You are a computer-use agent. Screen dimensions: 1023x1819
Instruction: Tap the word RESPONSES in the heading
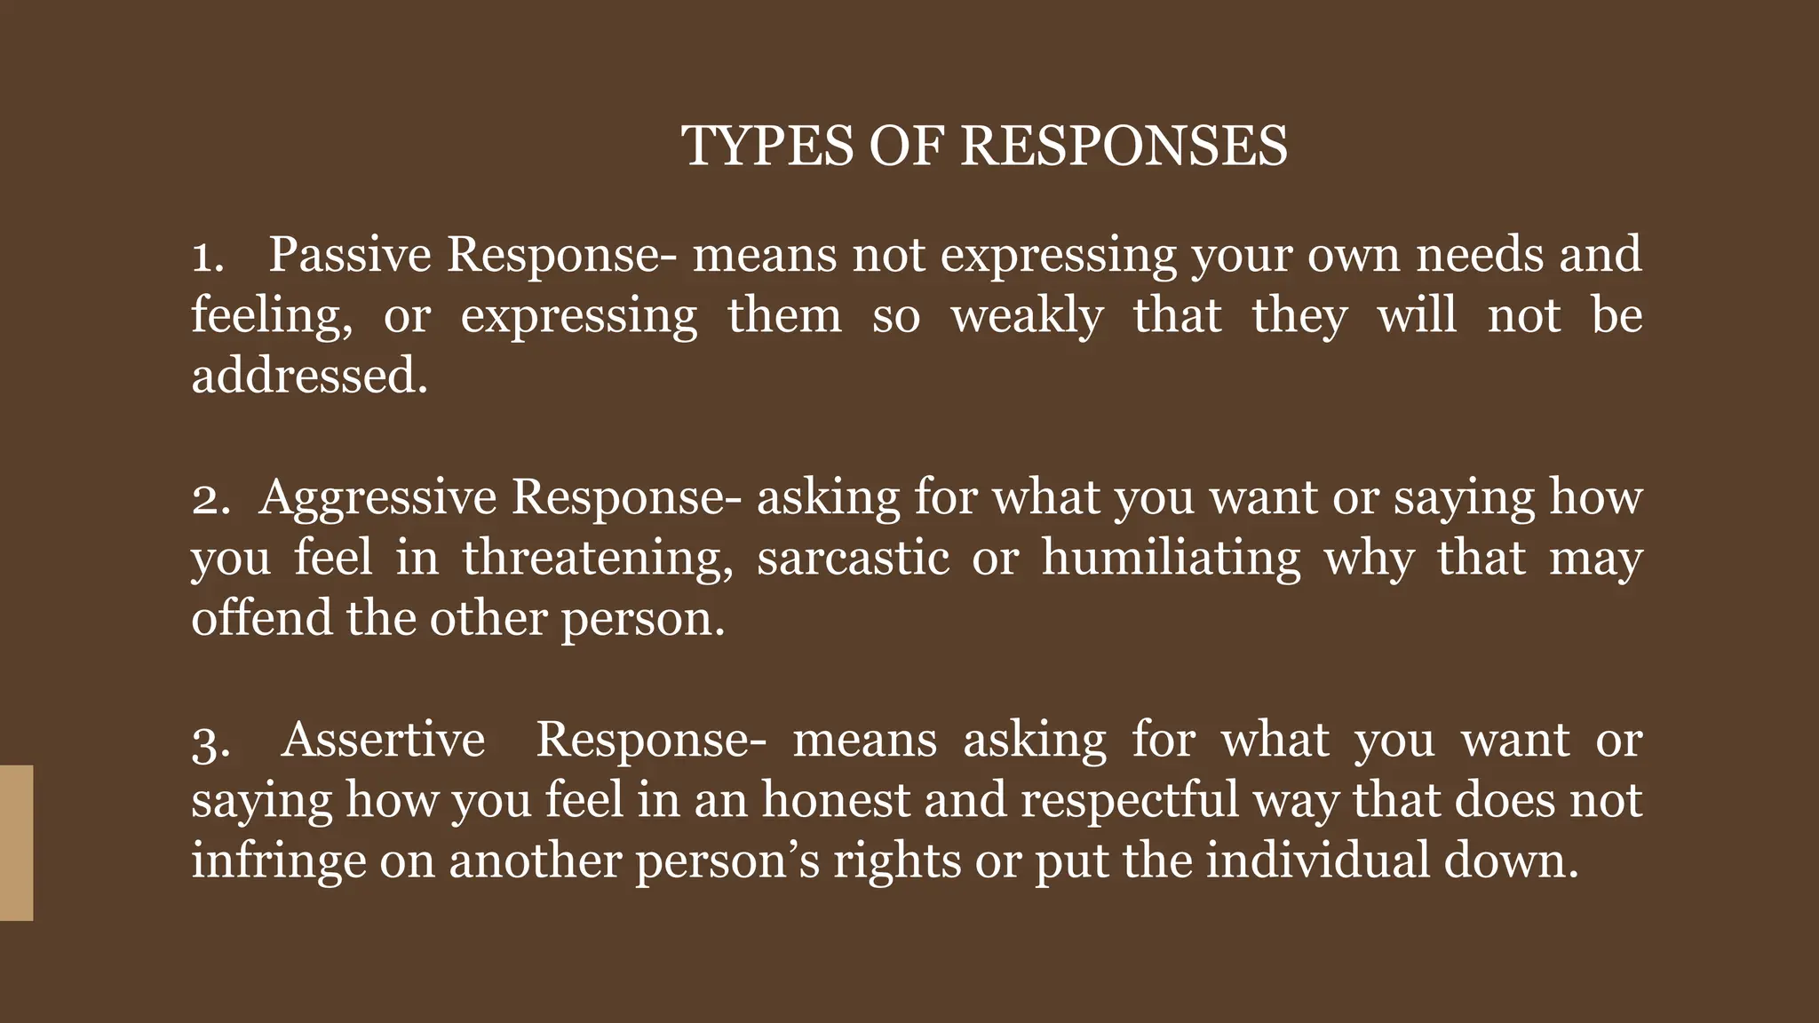click(1124, 146)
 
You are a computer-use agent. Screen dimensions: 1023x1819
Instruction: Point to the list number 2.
click(210, 498)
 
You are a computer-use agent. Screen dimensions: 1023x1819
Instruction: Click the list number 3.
click(210, 741)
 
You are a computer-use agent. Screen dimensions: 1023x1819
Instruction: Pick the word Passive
click(350, 255)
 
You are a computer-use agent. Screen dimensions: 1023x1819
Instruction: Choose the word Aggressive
click(377, 498)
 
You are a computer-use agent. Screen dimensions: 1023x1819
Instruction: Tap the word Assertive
click(384, 740)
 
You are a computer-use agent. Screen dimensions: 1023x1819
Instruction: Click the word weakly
click(1028, 316)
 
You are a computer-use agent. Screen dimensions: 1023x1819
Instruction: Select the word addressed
click(309, 377)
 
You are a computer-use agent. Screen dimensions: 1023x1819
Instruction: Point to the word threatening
click(598, 559)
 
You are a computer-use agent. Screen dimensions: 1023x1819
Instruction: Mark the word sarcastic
click(854, 559)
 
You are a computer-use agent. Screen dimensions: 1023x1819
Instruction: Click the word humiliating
click(1172, 559)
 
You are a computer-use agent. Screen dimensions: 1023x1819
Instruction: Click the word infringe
click(279, 861)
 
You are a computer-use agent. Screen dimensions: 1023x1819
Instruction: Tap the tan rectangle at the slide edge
click(16, 842)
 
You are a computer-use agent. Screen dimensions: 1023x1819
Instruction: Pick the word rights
click(897, 861)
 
